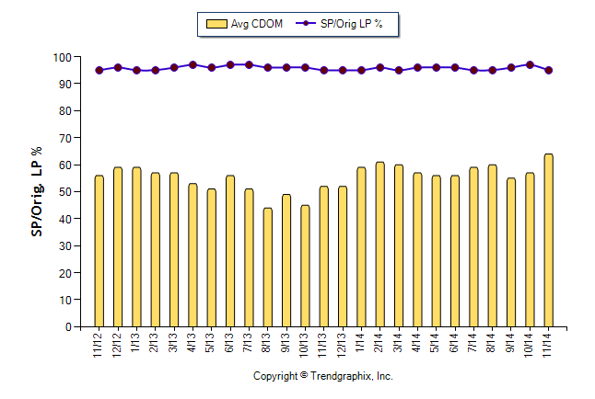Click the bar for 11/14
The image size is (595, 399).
(x=548, y=240)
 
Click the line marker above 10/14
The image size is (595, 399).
(x=530, y=65)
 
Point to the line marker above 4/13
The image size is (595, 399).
(x=192, y=65)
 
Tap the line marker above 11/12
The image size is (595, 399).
(x=99, y=70)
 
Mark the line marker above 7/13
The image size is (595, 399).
(x=249, y=65)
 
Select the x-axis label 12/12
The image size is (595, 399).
(x=118, y=347)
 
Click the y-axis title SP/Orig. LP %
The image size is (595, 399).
(x=38, y=191)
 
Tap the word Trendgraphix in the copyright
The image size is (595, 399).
(x=343, y=376)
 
